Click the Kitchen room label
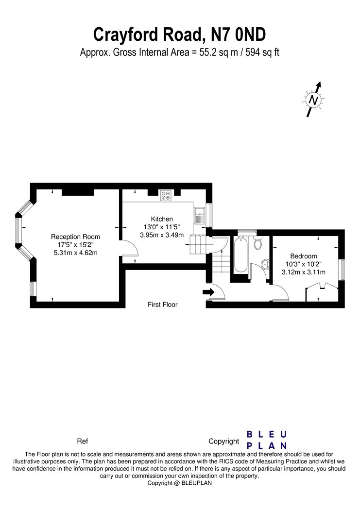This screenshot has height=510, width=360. coord(162,219)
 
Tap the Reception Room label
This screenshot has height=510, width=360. coord(75,237)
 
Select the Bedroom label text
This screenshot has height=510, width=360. coord(304,256)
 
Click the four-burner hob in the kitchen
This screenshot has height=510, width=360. coord(166,195)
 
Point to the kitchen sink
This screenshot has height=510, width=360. coord(199,215)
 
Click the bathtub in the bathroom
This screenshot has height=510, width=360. coord(240,255)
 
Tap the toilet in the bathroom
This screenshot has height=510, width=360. coord(258,243)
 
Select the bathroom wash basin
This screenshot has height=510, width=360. coord(266,264)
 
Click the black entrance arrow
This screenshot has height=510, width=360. coord(208,292)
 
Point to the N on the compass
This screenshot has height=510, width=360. coord(313,100)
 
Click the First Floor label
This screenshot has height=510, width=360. coord(163,305)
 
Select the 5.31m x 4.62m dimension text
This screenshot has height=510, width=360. coord(75,253)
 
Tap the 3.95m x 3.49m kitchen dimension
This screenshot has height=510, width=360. coord(162,235)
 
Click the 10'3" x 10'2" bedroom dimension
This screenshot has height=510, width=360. coord(304,264)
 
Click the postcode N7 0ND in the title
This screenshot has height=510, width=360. coord(239,34)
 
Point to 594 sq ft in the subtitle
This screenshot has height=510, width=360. coord(262,52)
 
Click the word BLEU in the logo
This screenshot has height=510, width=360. coord(267,434)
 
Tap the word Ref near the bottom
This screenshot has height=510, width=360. coord(82,442)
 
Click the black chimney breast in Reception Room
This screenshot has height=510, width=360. coord(78,192)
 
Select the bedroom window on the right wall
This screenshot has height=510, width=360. coord(342,270)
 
